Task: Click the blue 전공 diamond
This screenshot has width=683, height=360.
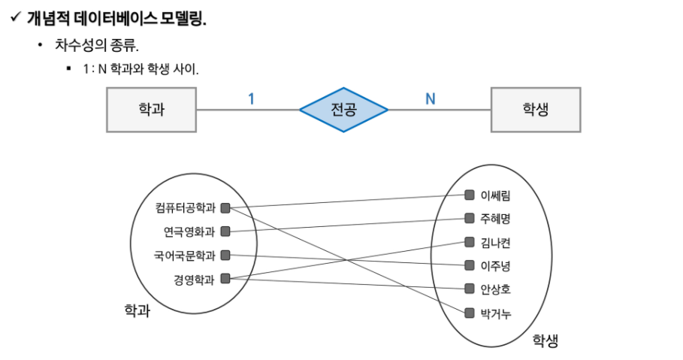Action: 343,110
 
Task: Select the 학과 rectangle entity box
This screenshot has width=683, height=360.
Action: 152,110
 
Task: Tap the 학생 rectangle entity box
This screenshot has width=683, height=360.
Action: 536,110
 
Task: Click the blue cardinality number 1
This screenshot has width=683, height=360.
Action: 251,99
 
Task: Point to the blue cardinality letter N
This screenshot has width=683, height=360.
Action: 431,99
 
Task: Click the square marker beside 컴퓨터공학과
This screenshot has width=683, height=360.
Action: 225,208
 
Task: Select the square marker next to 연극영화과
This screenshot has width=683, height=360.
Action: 225,231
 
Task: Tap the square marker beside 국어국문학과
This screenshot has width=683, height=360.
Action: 225,255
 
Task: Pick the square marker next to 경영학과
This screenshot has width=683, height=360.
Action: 225,279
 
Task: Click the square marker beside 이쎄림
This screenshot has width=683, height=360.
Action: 469,195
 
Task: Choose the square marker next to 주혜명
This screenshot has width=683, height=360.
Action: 469,218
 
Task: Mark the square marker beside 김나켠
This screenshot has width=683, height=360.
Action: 469,242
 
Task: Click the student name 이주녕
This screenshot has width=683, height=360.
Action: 495,265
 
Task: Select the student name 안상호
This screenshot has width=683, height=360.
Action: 495,289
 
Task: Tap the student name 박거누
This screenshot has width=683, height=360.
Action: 495,313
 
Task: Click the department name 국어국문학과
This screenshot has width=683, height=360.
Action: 185,256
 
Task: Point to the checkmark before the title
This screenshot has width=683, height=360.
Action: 16,17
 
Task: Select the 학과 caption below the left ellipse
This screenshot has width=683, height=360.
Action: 138,310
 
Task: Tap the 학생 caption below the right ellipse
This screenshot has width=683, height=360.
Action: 545,340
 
